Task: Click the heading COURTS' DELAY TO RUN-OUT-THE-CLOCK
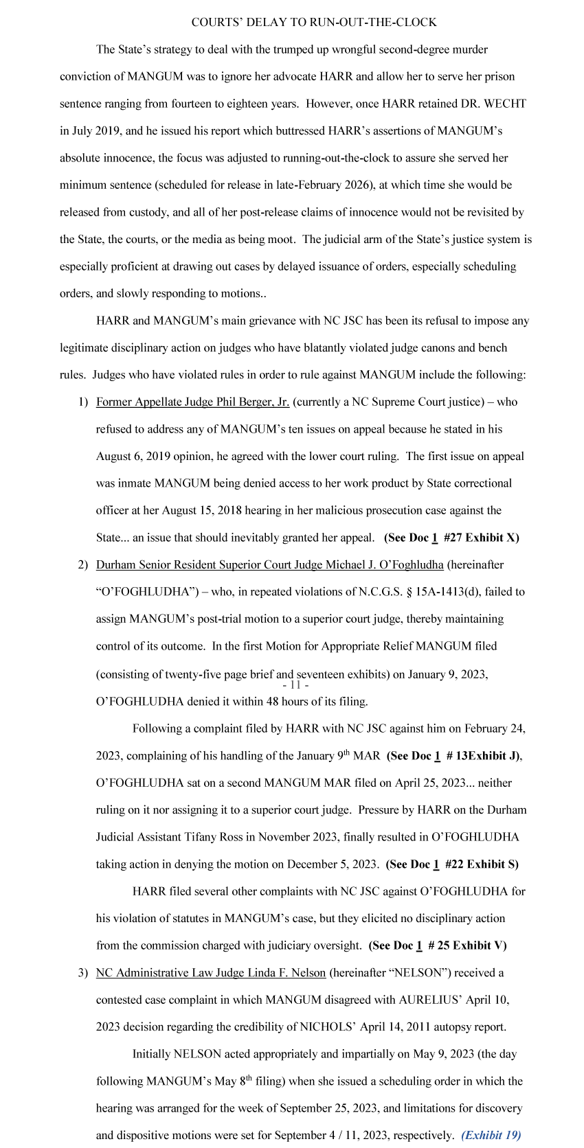(x=314, y=23)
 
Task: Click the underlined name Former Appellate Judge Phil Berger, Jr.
(x=192, y=402)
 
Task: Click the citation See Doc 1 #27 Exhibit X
(x=451, y=538)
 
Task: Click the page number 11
(x=295, y=685)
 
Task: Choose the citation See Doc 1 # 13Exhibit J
(x=453, y=756)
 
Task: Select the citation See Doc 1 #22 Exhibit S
(x=452, y=864)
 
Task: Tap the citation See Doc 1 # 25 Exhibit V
(x=438, y=945)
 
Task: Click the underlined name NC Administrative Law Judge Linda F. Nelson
(x=211, y=973)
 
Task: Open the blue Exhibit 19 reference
(x=491, y=1135)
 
